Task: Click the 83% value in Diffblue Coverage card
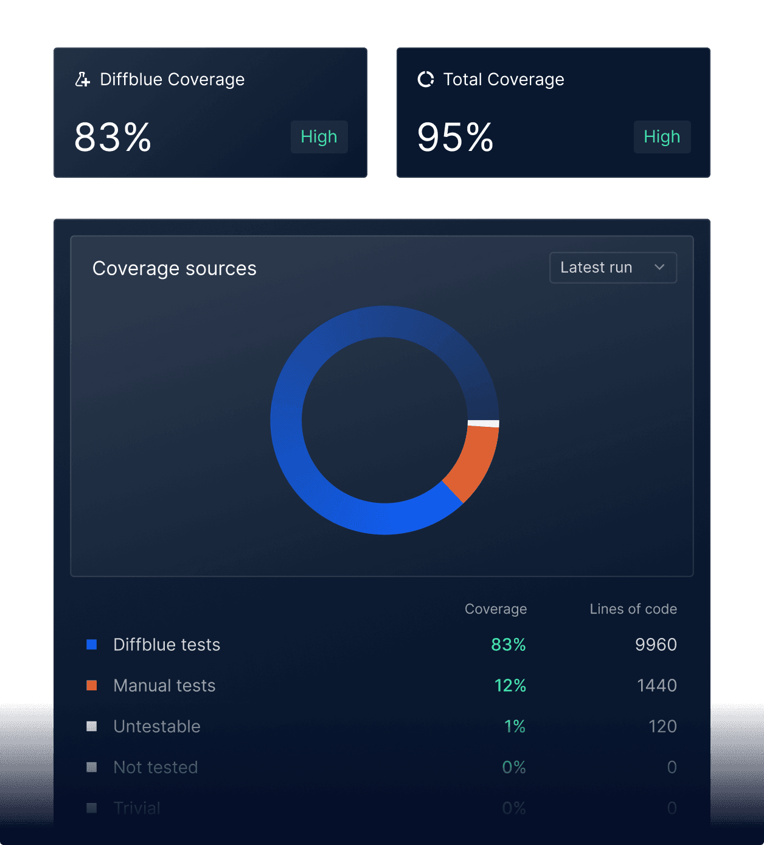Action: click(113, 138)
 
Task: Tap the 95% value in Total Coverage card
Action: click(455, 138)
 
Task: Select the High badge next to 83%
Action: click(319, 137)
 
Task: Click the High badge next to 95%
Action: click(662, 137)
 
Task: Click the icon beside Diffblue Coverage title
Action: click(83, 79)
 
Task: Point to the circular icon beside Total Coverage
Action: click(426, 79)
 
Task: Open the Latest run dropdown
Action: click(613, 267)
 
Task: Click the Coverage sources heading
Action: click(175, 268)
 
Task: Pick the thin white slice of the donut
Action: click(484, 423)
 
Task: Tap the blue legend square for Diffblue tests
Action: click(92, 644)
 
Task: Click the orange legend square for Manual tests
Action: click(92, 685)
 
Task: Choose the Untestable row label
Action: click(157, 726)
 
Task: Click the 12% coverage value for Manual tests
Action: click(510, 685)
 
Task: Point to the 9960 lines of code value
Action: click(656, 644)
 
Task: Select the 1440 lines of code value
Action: click(656, 685)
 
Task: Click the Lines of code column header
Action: click(633, 609)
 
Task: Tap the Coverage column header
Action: click(496, 609)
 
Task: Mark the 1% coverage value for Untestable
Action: click(515, 726)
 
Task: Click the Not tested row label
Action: click(156, 767)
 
